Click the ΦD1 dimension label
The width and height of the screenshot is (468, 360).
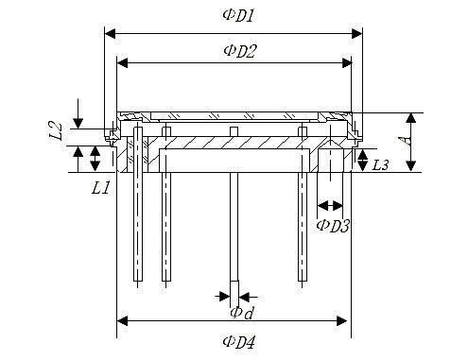238,16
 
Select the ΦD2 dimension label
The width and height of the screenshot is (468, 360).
240,51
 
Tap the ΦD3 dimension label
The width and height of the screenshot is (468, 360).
333,226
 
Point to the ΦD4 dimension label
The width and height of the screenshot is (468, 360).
238,342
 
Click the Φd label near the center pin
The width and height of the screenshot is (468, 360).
242,313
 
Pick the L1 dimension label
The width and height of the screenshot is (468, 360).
100,188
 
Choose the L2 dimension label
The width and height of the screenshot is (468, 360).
56,131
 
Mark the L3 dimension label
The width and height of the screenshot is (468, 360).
380,165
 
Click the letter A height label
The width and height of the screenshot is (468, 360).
407,140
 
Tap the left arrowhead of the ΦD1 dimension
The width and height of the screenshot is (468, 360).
110,33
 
